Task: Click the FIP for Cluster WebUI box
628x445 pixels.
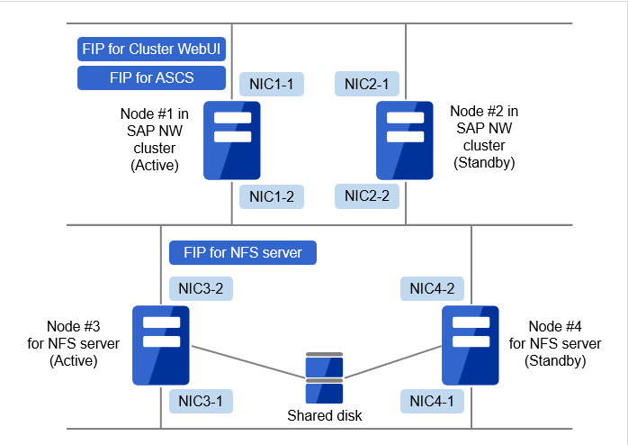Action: (151, 49)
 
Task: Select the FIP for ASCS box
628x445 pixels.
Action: (151, 77)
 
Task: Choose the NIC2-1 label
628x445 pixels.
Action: (366, 85)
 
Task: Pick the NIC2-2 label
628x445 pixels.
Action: (366, 195)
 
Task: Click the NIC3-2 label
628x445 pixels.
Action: (201, 288)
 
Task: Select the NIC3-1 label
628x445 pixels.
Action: (201, 400)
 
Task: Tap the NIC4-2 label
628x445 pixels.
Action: (432, 288)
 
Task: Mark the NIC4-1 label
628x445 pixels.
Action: (432, 400)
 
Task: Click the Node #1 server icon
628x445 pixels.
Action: (231, 141)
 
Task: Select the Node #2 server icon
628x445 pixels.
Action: (406, 141)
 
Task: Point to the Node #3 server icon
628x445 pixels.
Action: (160, 345)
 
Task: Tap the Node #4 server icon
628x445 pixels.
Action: (471, 345)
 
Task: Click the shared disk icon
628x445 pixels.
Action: (324, 379)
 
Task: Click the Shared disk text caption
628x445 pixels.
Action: (324, 415)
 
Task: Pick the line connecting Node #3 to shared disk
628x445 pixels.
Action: (247, 362)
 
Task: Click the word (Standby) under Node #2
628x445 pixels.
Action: (484, 162)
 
